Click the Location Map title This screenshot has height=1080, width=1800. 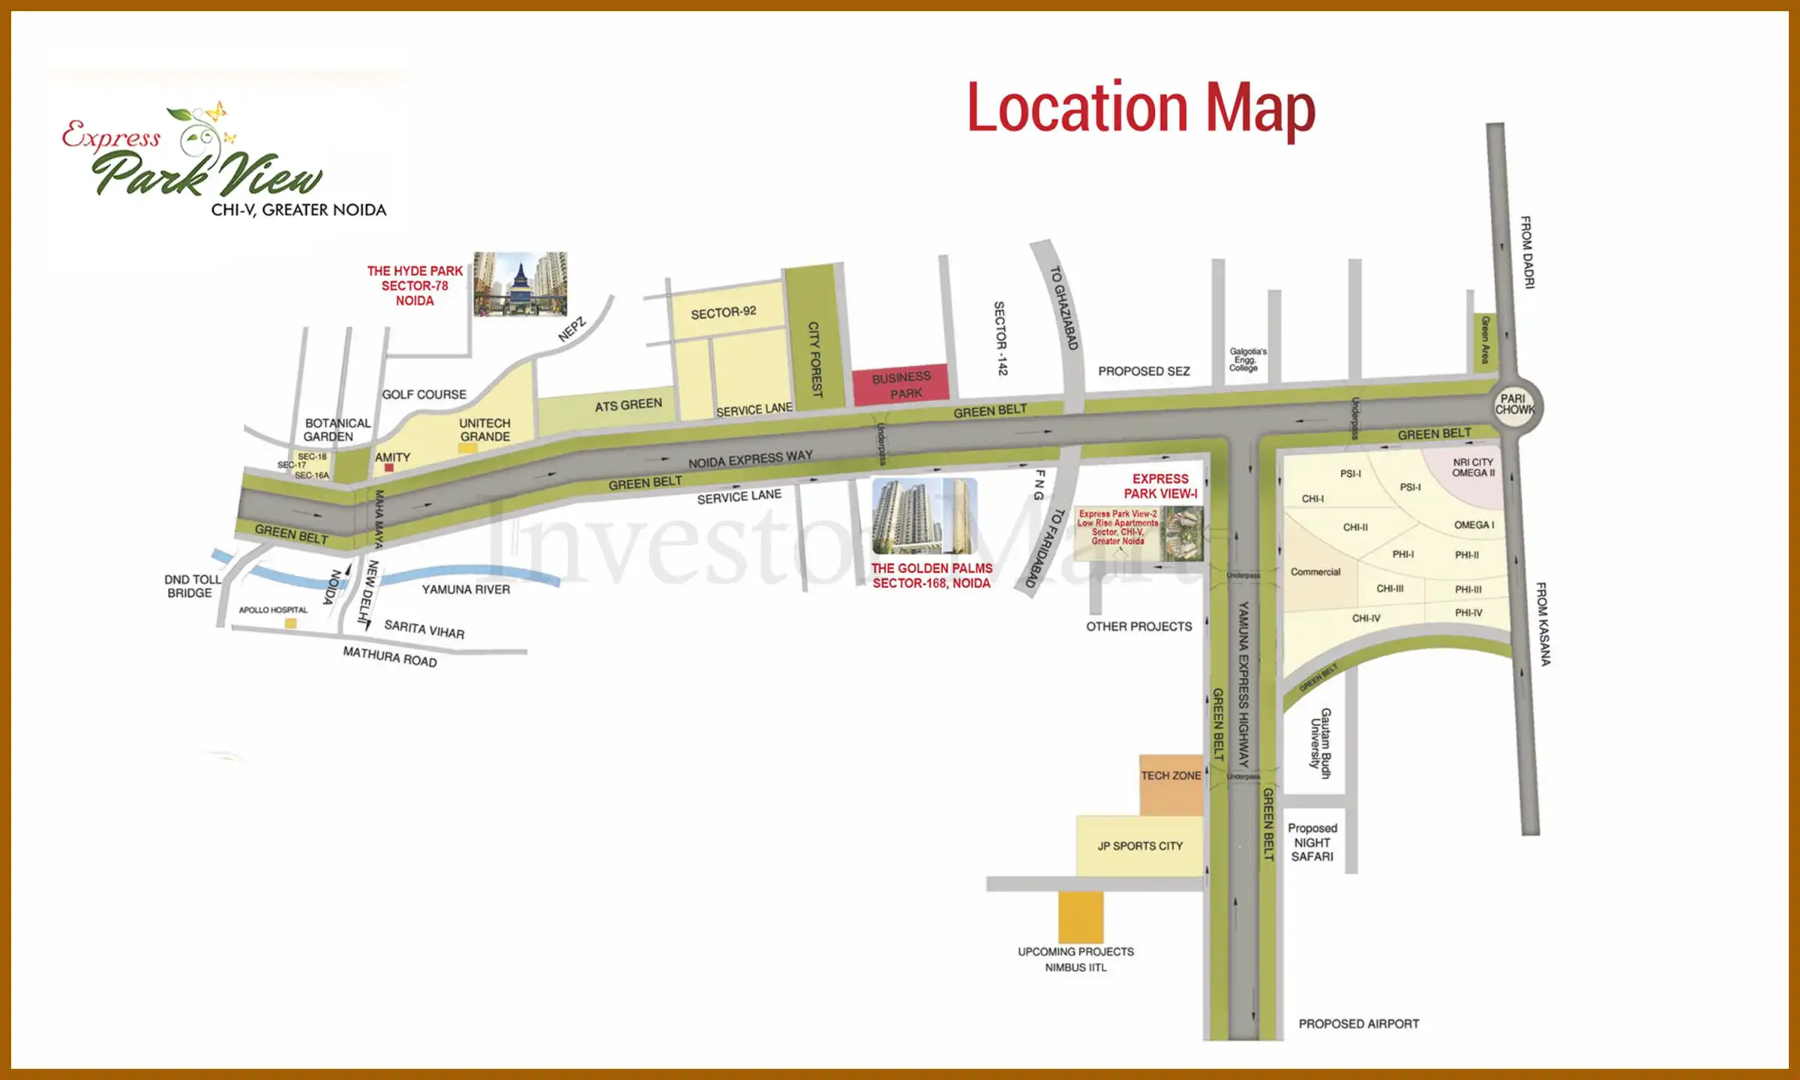[x=1141, y=108]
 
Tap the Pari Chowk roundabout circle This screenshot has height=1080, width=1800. [x=1515, y=405]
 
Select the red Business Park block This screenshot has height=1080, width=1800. [x=901, y=385]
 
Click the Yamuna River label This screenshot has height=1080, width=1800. [x=466, y=589]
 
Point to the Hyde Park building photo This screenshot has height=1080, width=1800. [x=520, y=284]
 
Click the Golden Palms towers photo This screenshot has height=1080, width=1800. [x=925, y=517]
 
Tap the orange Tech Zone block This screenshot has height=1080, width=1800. [x=1171, y=784]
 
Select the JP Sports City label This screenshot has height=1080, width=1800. [x=1140, y=846]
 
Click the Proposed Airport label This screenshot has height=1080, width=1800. [x=1358, y=1024]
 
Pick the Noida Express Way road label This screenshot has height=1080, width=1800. [x=750, y=459]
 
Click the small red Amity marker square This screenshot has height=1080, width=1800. [x=388, y=468]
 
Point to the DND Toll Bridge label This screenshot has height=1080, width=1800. [x=192, y=586]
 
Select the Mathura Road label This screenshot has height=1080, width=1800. [x=389, y=657]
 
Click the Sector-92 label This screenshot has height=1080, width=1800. [x=723, y=313]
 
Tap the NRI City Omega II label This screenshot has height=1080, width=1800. [x=1473, y=467]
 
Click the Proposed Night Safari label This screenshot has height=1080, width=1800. [x=1312, y=842]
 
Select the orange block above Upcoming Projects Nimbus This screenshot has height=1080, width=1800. [x=1081, y=916]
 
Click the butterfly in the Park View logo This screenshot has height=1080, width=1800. [x=216, y=112]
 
